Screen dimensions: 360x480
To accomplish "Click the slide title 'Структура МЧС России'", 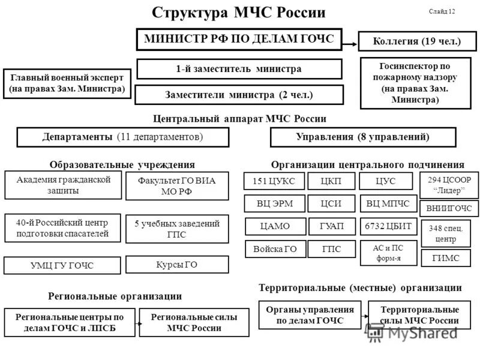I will (239, 13).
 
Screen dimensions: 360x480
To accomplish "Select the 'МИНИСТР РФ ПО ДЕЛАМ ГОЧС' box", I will (239, 40).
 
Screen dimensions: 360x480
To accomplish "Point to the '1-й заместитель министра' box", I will (239, 69).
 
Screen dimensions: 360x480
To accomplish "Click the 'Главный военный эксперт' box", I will (67, 83).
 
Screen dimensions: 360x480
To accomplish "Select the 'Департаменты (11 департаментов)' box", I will (123, 137).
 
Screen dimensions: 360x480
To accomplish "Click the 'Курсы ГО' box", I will (177, 265).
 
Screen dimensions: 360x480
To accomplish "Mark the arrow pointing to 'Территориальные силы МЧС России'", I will (364, 316).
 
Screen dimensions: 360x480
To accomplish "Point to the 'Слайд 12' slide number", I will (442, 11).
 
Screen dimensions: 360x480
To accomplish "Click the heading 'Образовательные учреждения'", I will (122, 164).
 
